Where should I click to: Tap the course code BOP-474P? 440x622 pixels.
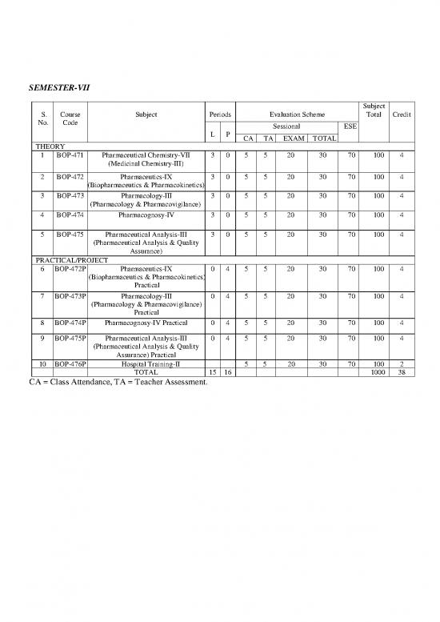[x=70, y=324]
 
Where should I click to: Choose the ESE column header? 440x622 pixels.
[x=350, y=126]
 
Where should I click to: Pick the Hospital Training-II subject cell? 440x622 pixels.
[x=146, y=363]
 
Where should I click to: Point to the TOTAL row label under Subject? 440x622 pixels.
[x=146, y=372]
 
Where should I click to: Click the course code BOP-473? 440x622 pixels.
[x=70, y=195]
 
